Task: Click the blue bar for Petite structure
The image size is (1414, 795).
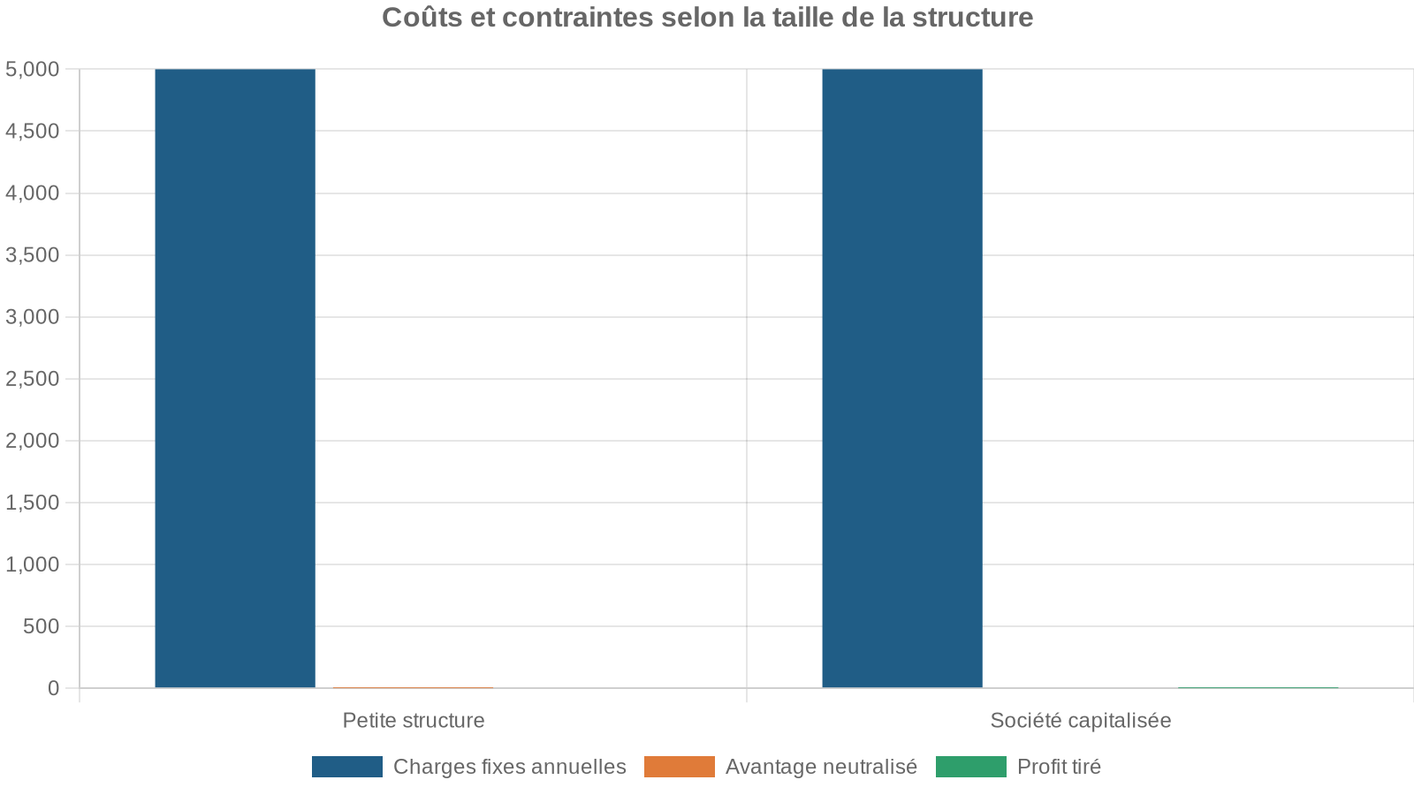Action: (x=235, y=378)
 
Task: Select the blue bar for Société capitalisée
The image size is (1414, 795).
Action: (x=902, y=378)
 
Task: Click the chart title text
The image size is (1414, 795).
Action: (x=707, y=18)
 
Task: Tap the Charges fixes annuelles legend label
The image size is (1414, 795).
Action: (x=509, y=767)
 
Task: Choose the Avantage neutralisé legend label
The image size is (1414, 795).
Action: (x=821, y=767)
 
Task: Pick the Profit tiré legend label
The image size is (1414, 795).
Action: (x=1059, y=767)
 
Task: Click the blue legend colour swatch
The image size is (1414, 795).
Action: (x=347, y=767)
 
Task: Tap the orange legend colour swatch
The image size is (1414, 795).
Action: (x=679, y=767)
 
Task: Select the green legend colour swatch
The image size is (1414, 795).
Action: (x=970, y=767)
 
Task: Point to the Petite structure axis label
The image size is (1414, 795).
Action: (x=414, y=720)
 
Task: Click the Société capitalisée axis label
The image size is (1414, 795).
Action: (x=1080, y=720)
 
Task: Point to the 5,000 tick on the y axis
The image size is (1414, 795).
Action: (x=33, y=69)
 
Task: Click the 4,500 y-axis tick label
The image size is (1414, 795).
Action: (x=33, y=131)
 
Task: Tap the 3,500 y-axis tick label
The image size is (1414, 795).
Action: (x=33, y=255)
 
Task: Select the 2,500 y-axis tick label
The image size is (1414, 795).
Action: (x=33, y=379)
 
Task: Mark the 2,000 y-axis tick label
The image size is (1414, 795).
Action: (x=33, y=441)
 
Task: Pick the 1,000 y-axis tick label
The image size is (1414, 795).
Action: (x=33, y=564)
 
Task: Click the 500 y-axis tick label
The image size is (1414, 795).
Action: (x=41, y=626)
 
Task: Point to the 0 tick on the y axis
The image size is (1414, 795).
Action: (x=54, y=688)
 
